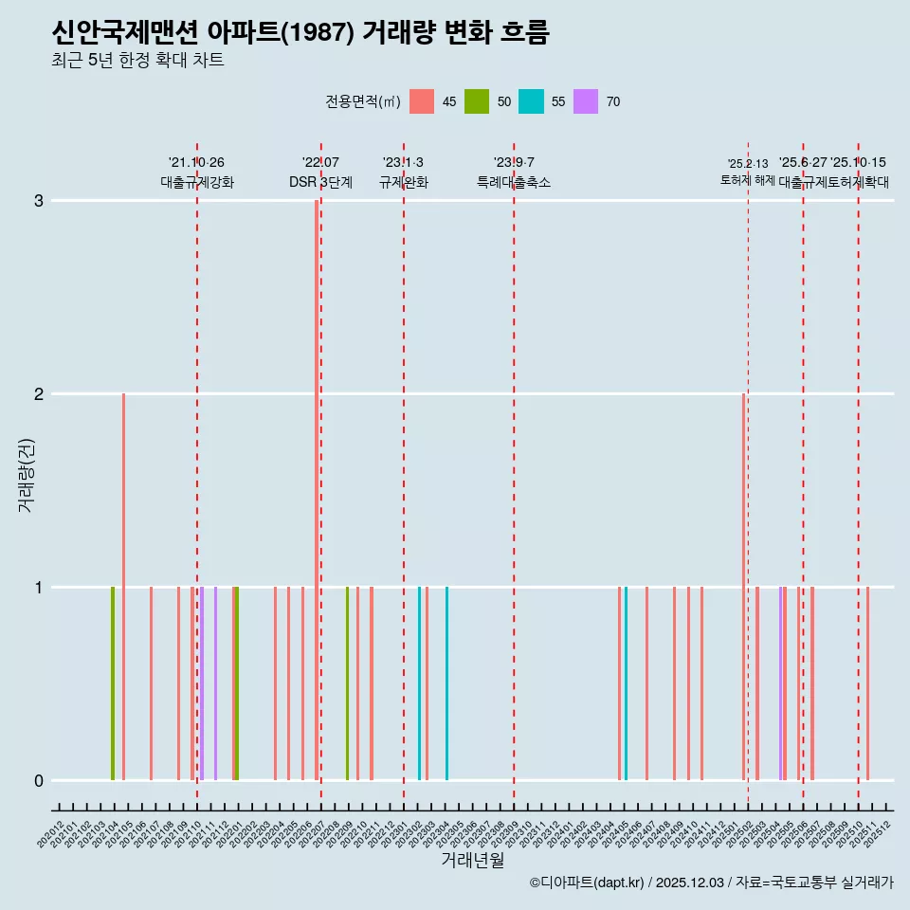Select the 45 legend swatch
pos(422,101)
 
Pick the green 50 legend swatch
pos(477,101)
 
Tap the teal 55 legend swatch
pos(531,101)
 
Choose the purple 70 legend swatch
pos(586,101)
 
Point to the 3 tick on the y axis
pos(39,201)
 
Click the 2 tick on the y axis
pos(39,394)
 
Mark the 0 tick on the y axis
pos(39,781)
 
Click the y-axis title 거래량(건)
pos(26,474)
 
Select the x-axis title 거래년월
pos(472,860)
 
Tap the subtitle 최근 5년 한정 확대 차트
pos(137,61)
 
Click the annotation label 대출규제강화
pos(197,182)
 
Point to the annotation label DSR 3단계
pos(320,182)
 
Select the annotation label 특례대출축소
pos(514,182)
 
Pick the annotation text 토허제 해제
pos(748,179)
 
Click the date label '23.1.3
pos(404,163)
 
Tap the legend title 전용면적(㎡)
pos(362,101)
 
